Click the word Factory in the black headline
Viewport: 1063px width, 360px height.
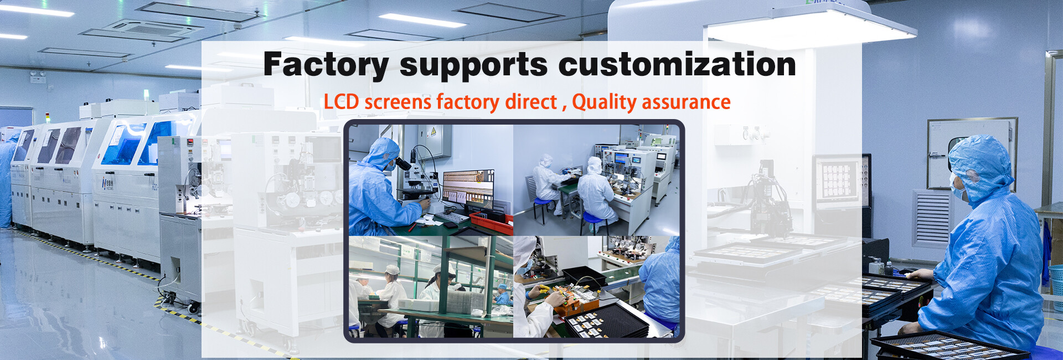[326, 65]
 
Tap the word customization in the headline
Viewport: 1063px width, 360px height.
[677, 64]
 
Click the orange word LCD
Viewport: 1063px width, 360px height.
[341, 102]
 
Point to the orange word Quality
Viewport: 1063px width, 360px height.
[604, 102]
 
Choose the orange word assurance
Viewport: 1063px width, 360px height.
[686, 102]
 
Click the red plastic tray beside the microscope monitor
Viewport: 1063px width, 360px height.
[491, 223]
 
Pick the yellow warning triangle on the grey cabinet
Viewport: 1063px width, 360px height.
[434, 132]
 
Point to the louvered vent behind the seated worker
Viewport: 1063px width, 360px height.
[932, 218]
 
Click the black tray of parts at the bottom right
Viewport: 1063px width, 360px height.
[950, 346]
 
